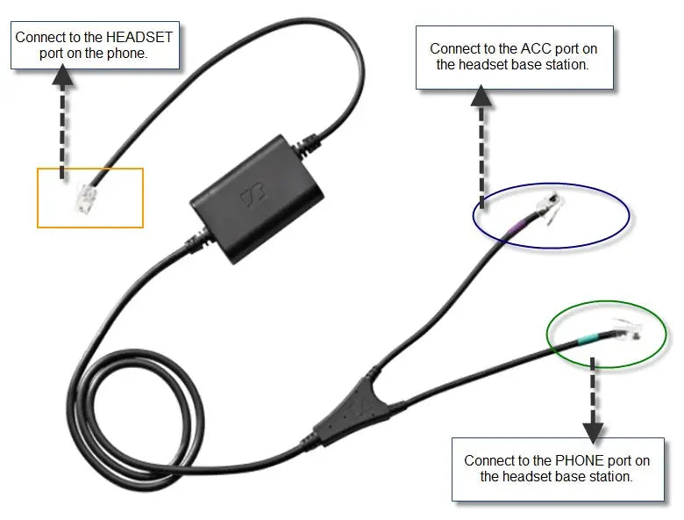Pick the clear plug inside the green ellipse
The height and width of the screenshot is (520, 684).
[628, 331]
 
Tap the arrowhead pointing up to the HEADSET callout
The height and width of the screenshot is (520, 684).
[62, 76]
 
